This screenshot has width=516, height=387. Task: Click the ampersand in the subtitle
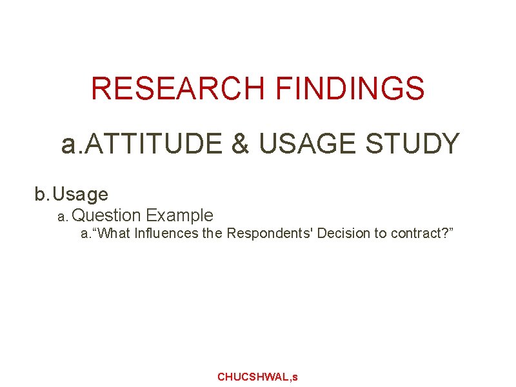click(240, 144)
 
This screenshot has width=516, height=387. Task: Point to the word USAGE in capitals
click(307, 144)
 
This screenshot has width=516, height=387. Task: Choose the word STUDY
click(412, 144)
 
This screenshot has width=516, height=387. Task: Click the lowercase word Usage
click(81, 193)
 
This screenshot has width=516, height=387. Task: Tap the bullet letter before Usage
click(41, 193)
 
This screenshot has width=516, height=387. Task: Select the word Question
click(112, 215)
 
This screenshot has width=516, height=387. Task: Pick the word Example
click(180, 215)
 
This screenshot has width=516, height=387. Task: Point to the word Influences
click(167, 233)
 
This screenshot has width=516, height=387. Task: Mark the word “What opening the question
click(114, 233)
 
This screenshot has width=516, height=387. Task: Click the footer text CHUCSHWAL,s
click(257, 377)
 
